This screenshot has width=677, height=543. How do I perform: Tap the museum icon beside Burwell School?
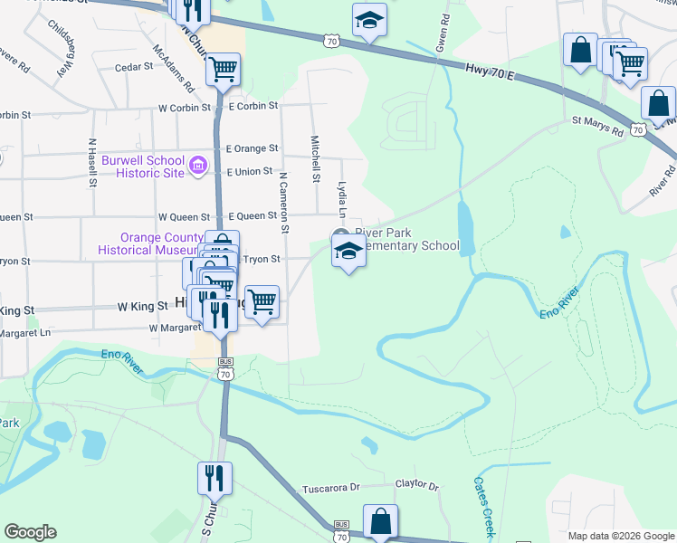[x=199, y=167]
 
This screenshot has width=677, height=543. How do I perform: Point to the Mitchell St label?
[x=315, y=159]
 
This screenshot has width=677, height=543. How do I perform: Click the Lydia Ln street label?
[x=342, y=200]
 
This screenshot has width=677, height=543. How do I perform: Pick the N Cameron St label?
[x=283, y=202]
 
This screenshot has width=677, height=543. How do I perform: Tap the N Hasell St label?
[x=92, y=163]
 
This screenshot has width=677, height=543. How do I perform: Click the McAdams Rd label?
[x=174, y=69]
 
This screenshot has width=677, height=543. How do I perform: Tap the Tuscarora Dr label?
[x=331, y=488]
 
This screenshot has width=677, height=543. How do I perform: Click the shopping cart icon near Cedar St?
[x=224, y=69]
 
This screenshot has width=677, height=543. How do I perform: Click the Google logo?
[x=31, y=531]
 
